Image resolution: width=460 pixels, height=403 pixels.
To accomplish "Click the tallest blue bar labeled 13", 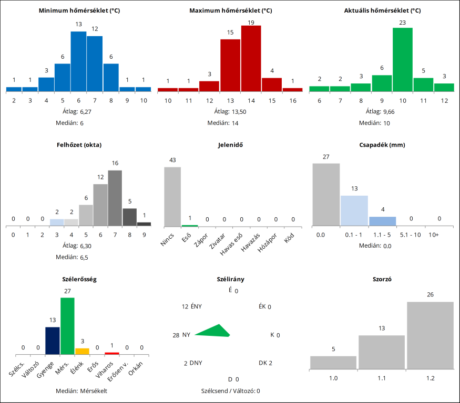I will tap(78, 61).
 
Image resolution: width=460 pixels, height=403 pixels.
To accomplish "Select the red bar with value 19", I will tap(251, 58).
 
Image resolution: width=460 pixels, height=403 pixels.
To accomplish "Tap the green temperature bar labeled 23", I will tap(402, 59).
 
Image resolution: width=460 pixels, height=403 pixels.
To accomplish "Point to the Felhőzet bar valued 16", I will tap(115, 198).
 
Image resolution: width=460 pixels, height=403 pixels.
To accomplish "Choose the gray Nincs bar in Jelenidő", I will tap(172, 196).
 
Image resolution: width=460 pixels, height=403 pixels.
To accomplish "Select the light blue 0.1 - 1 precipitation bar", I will tap(354, 210).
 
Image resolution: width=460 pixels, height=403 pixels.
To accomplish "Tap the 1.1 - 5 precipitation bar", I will tap(382, 221).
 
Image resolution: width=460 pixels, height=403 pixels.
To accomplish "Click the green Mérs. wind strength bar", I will tap(67, 326).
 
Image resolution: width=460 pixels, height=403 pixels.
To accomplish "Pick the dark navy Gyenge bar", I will tap(52, 341).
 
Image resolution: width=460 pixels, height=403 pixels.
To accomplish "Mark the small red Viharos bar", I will tap(111, 353).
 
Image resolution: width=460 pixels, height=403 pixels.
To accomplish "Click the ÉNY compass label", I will tap(196, 306).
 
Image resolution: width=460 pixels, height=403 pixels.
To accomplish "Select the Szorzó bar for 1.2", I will tap(430, 335).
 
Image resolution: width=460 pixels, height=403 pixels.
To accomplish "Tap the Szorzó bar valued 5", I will tap(333, 363).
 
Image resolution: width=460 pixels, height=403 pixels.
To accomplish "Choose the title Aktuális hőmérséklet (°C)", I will tap(382, 10).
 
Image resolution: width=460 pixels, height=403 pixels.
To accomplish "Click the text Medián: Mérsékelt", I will tap(81, 391).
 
